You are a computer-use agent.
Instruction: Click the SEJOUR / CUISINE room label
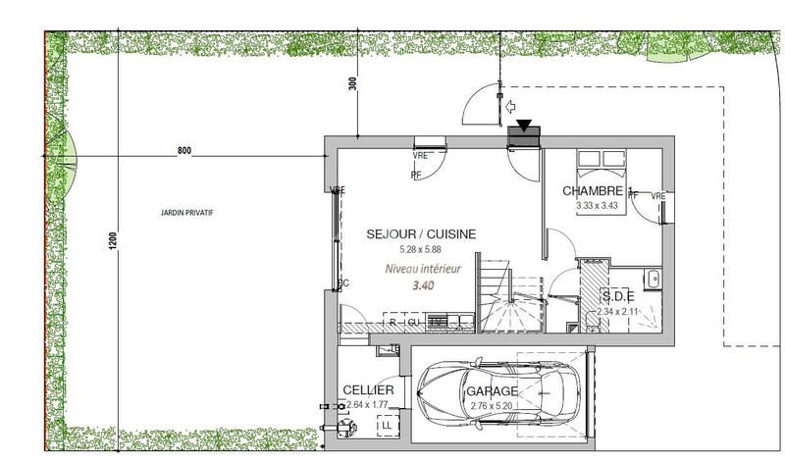[x=421, y=234]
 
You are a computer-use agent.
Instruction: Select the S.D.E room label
[x=617, y=297]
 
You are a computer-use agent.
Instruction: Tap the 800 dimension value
[x=183, y=151]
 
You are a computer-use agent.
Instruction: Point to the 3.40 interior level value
[x=423, y=285]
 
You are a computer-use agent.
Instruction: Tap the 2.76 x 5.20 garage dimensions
[x=492, y=403]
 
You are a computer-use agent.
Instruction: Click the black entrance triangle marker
[x=525, y=125]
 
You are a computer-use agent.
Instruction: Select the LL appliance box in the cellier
[x=386, y=425]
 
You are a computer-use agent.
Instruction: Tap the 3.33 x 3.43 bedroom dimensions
[x=597, y=205]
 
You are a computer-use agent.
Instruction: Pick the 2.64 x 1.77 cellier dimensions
[x=368, y=403]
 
